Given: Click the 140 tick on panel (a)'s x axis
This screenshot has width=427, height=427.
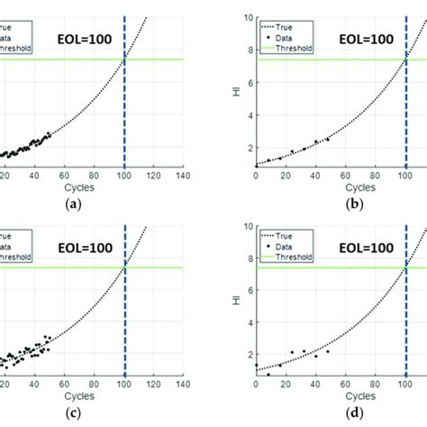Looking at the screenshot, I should (183, 177).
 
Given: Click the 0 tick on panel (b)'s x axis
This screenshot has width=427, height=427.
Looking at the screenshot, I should (256, 177).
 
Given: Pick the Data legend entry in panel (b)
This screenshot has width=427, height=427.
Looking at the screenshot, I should (289, 28).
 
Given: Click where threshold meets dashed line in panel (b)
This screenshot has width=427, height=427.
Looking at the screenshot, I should (405, 59).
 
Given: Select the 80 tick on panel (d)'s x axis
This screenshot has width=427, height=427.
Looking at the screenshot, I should (376, 385).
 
